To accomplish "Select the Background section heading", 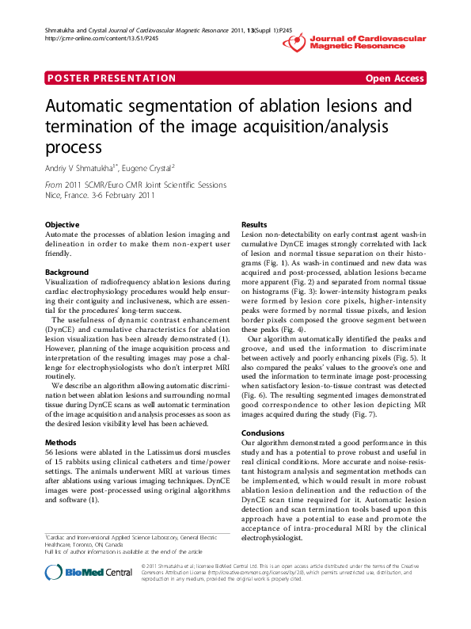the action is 66,273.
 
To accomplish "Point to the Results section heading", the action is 254,225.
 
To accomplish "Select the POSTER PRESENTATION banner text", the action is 112,78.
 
